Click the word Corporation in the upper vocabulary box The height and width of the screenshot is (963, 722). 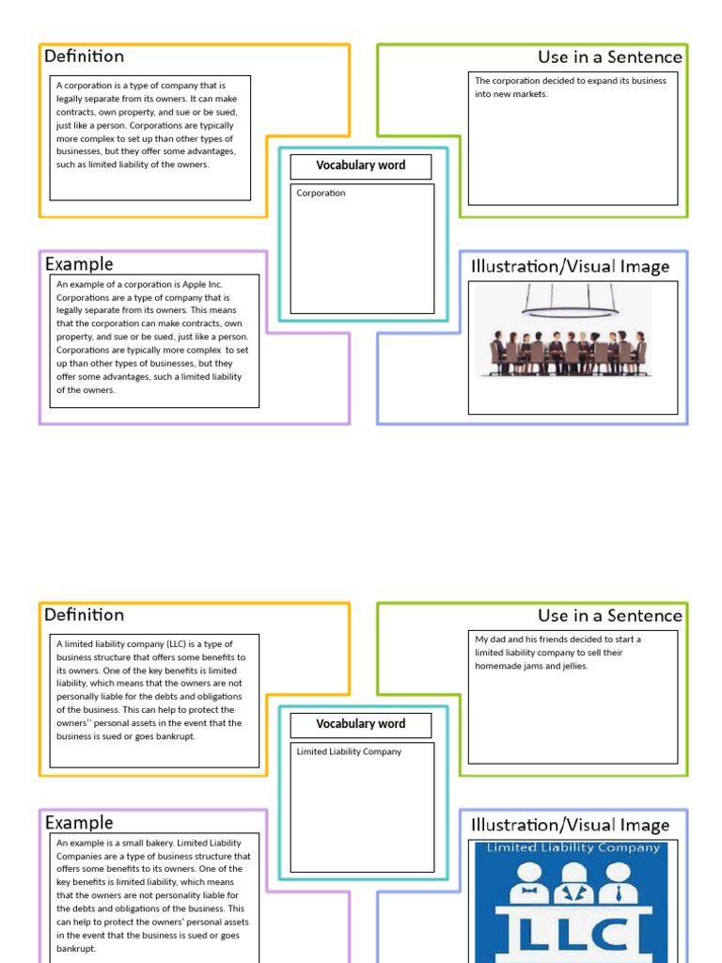pyautogui.click(x=322, y=194)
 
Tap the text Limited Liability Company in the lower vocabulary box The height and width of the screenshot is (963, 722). pyautogui.click(x=349, y=752)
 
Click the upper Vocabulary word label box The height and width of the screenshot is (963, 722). pyautogui.click(x=361, y=166)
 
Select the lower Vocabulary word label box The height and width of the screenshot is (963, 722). pyautogui.click(x=361, y=725)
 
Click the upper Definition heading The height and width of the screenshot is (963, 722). pyautogui.click(x=84, y=56)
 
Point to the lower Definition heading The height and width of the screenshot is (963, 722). pyautogui.click(x=84, y=615)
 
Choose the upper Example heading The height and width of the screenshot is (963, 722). pyautogui.click(x=79, y=264)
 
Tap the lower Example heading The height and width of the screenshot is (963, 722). pyautogui.click(x=79, y=823)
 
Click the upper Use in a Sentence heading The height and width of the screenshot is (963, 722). pyautogui.click(x=609, y=57)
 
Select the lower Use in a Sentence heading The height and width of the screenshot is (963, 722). pyautogui.click(x=609, y=616)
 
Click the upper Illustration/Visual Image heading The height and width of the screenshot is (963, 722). pyautogui.click(x=570, y=267)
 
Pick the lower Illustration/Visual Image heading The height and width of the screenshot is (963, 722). pyautogui.click(x=570, y=826)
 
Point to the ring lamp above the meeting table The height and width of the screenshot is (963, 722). pyautogui.click(x=570, y=308)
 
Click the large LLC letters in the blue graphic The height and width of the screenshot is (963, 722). pyautogui.click(x=572, y=933)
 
